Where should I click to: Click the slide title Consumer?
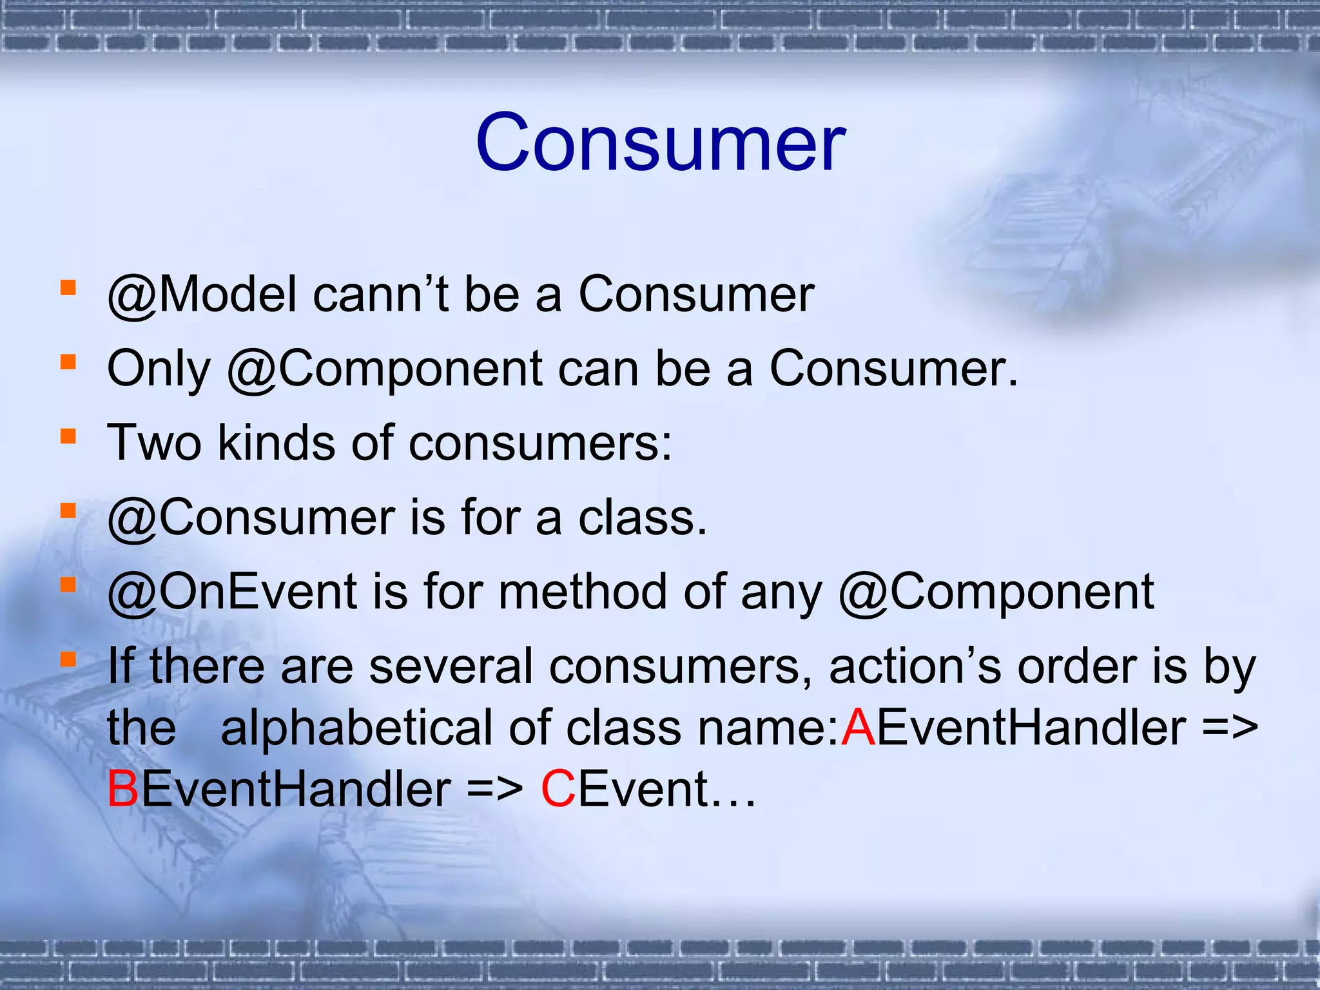tap(660, 143)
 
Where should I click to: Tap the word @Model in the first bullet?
tap(202, 295)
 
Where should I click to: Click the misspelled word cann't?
tap(380, 295)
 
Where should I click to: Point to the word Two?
tap(153, 443)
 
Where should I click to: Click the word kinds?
tap(276, 443)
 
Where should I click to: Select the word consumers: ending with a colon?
tap(540, 443)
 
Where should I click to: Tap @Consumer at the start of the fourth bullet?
tap(251, 518)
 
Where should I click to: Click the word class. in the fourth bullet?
tap(642, 518)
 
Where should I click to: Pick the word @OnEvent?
tap(232, 592)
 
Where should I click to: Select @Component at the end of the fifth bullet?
tap(996, 592)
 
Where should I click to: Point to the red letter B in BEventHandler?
tap(122, 790)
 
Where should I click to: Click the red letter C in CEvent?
tap(558, 790)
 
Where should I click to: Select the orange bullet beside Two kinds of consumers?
tap(68, 437)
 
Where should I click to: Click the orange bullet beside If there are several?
tap(68, 659)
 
